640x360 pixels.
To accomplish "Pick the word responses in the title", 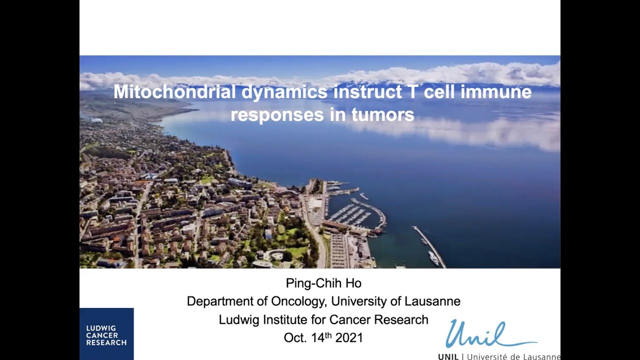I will pyautogui.click(x=270, y=115).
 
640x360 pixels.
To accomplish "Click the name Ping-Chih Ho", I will pyautogui.click(x=323, y=283).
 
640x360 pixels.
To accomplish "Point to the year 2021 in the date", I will pyautogui.click(x=348, y=338).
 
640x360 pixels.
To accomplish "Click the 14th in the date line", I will pyautogui.click(x=322, y=337).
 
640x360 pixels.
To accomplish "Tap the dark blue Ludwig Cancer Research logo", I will pyautogui.click(x=106, y=334).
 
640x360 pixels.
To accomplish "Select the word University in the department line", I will pyautogui.click(x=360, y=301).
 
